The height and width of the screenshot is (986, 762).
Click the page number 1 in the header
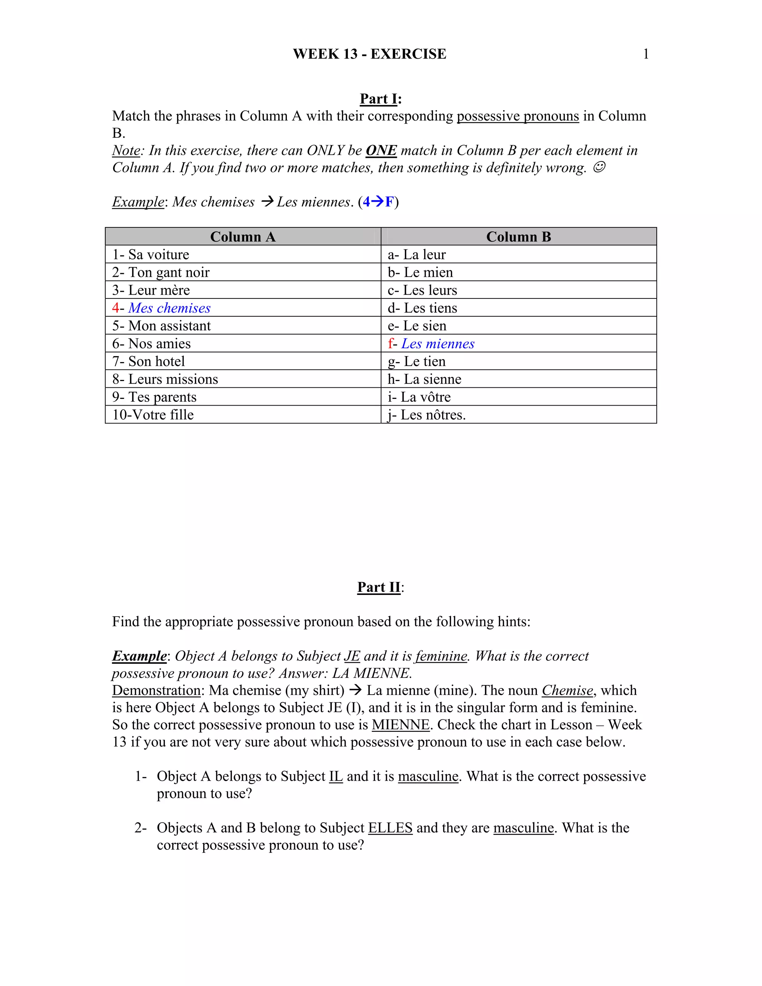(646, 54)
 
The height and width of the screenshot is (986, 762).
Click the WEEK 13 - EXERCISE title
(369, 54)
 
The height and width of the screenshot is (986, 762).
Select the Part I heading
(380, 99)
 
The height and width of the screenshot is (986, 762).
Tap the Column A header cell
(243, 237)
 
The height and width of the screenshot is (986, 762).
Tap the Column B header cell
(518, 237)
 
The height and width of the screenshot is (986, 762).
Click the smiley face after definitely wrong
(599, 167)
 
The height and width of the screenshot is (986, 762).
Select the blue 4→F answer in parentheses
(378, 202)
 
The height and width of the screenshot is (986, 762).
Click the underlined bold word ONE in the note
(381, 150)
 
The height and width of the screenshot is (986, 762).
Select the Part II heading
(379, 587)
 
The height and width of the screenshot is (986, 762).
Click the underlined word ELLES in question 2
(390, 827)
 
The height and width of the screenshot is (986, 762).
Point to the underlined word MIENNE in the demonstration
(400, 724)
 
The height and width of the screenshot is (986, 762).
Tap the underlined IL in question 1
(336, 776)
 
